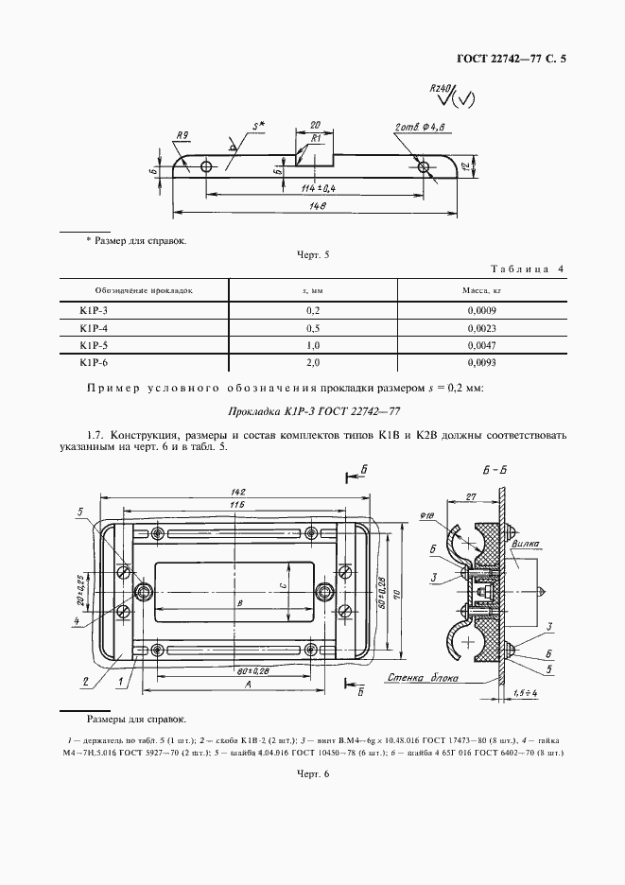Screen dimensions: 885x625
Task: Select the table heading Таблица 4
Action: click(526, 269)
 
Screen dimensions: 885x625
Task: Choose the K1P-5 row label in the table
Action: click(94, 345)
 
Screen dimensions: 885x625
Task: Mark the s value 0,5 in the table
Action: click(313, 327)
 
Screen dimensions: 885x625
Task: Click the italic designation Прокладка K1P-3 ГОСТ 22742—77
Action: click(311, 411)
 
